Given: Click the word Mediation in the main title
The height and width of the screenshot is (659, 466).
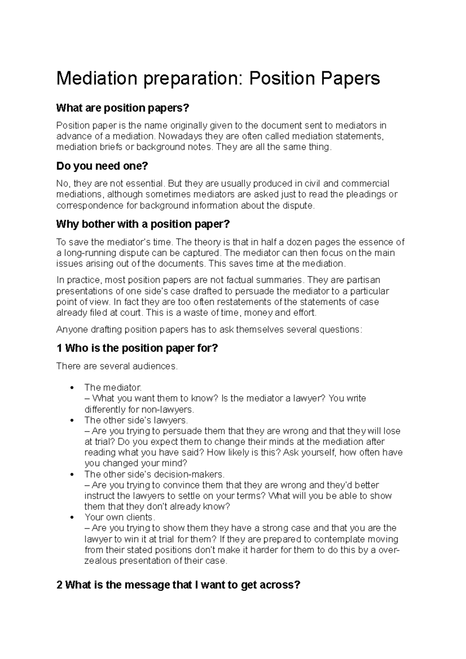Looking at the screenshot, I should click(x=96, y=79).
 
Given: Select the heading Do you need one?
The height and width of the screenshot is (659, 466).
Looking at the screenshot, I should click(x=102, y=166).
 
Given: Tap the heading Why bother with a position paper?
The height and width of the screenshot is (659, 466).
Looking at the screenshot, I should click(x=143, y=224).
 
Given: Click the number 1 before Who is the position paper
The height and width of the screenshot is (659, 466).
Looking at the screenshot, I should click(x=59, y=348).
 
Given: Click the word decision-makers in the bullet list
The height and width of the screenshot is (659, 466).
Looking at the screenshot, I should click(x=189, y=474).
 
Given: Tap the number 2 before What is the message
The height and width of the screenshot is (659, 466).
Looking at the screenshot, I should click(x=59, y=585).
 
